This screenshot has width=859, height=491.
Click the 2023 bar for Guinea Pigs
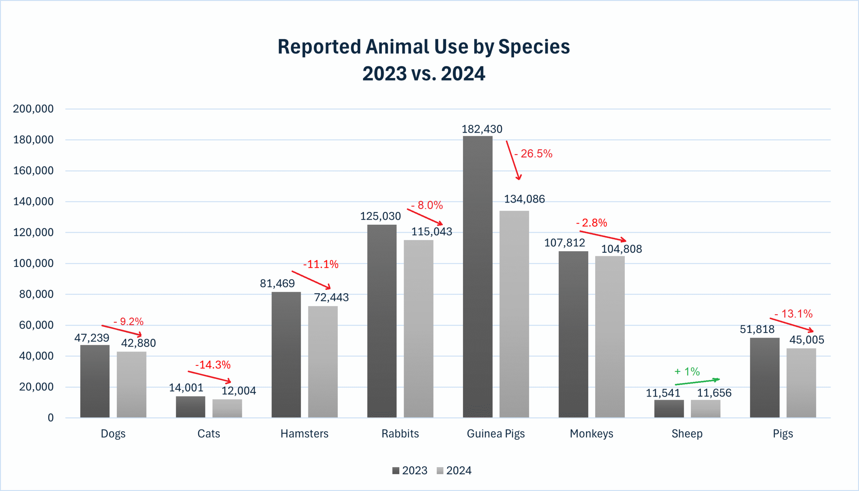[x=477, y=277]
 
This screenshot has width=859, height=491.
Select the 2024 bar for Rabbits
[x=418, y=329]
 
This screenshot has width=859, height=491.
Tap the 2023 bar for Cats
[x=190, y=407]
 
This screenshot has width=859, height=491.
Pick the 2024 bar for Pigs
[x=801, y=383]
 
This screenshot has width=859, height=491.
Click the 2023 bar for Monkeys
[x=573, y=334]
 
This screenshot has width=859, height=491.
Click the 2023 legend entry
[x=410, y=471]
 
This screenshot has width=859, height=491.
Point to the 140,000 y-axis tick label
[x=33, y=202]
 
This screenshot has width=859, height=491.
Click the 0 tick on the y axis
[x=51, y=418]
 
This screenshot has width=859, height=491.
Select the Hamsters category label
[x=304, y=434]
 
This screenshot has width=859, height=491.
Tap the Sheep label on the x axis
[x=687, y=434]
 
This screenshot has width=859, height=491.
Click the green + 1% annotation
[x=687, y=372]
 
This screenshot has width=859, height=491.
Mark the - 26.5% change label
[x=534, y=154]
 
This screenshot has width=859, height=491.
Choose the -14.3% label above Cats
[x=213, y=365]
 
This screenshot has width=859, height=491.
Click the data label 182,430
[x=482, y=129]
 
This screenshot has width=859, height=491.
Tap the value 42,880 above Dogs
[x=138, y=343]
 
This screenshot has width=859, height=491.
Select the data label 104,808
[x=621, y=249]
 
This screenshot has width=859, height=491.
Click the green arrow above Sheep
[x=697, y=382]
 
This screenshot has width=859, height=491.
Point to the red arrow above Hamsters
[x=311, y=280]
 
